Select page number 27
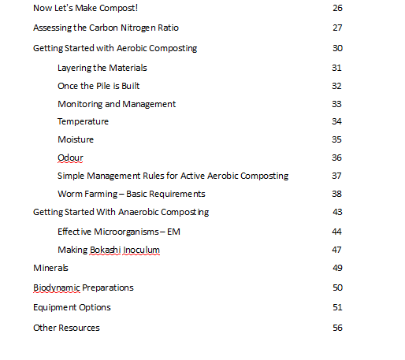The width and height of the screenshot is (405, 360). (337, 28)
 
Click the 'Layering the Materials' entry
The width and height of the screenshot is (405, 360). (102, 68)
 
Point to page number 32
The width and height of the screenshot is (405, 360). (337, 86)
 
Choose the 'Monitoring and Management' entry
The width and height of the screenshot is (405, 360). (117, 104)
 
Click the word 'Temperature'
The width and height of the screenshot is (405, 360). (83, 121)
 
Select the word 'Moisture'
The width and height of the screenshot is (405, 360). (76, 139)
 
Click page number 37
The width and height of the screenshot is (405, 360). (337, 176)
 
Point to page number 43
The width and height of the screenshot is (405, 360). (337, 212)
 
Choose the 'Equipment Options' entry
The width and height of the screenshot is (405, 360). (72, 307)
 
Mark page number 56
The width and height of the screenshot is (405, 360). (337, 328)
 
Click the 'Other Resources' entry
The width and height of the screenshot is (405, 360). (66, 328)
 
